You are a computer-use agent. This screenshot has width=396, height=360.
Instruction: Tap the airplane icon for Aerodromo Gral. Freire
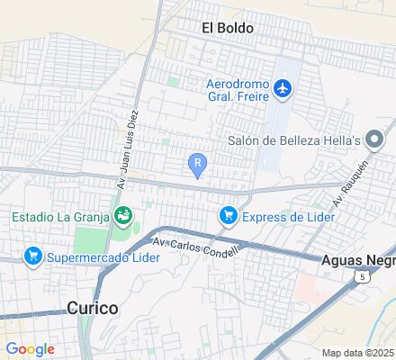[x=283, y=88]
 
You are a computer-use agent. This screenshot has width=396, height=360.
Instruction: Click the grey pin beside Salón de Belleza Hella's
[x=374, y=139]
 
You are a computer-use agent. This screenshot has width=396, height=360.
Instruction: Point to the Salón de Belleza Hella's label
[x=293, y=139]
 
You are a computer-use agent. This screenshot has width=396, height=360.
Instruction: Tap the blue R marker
[x=197, y=163]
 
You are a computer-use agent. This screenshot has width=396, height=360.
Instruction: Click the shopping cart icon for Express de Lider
[x=228, y=215]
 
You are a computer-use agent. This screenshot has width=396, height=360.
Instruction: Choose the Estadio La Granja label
[x=58, y=216]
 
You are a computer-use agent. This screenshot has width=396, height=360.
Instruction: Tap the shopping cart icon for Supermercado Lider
[x=34, y=256]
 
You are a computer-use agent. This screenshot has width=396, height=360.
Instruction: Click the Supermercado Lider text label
[x=105, y=257]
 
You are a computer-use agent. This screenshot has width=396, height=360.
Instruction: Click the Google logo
[x=30, y=349]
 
